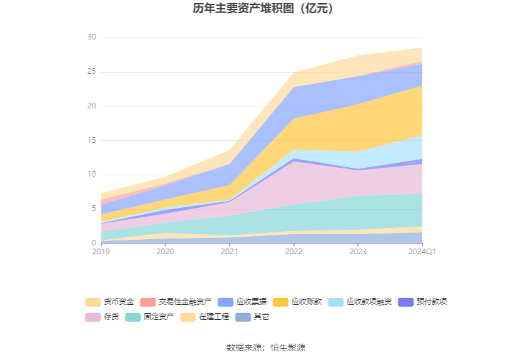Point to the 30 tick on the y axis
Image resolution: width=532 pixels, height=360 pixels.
[92, 38]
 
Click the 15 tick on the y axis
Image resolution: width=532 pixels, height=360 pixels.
[92, 140]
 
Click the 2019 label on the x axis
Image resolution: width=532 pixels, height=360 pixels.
[101, 252]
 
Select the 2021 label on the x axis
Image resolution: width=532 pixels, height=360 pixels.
[230, 252]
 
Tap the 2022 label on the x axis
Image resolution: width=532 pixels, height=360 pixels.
[294, 252]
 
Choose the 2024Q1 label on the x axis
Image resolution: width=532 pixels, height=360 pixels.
[421, 252]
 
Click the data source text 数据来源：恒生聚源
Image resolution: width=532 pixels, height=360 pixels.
[266, 347]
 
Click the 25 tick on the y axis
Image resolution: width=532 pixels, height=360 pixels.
[92, 72]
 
